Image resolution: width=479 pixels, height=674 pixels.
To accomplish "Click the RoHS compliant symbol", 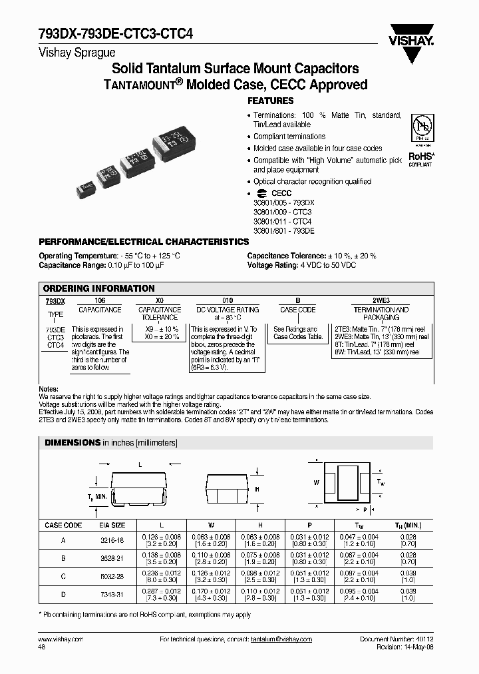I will point(420,157).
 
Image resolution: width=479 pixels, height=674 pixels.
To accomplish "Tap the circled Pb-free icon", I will point(420,129).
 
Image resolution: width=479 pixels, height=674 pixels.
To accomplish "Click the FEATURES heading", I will point(270,101).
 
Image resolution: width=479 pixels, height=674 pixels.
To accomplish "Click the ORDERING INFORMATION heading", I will point(98,288).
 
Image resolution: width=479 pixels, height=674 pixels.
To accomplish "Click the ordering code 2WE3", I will point(381,301).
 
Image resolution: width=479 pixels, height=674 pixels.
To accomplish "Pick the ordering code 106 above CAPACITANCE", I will point(100,301).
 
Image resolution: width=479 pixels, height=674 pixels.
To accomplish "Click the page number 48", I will point(43,646).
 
